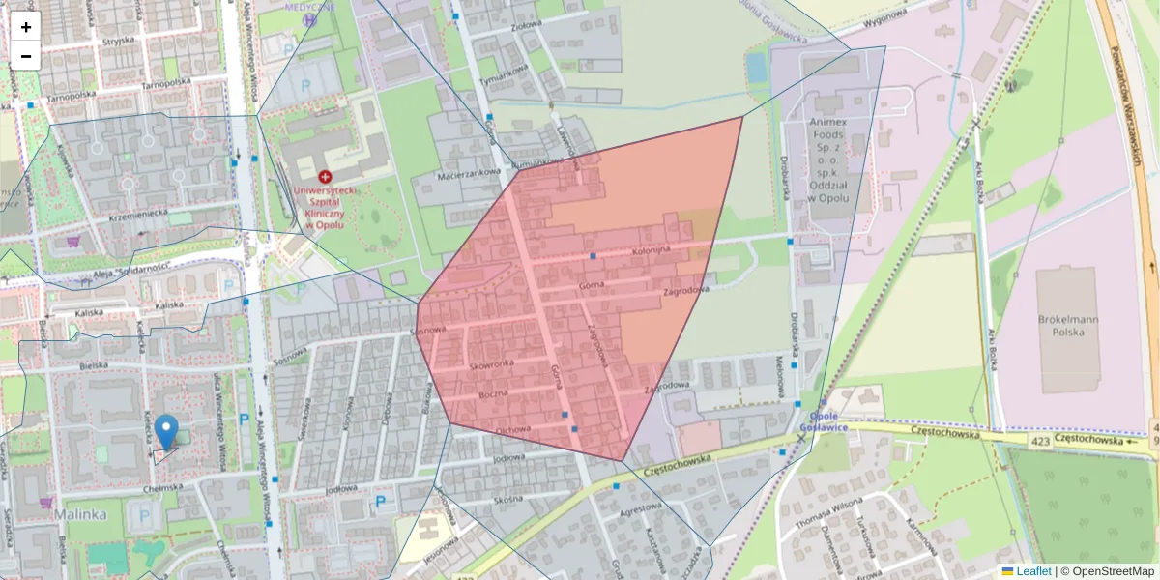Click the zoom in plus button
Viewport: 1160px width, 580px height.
click(x=26, y=27)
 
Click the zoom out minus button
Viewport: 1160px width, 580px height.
click(x=26, y=56)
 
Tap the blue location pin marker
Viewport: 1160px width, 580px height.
click(x=166, y=431)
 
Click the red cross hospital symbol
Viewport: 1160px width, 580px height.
click(x=325, y=177)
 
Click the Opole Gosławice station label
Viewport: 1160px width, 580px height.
click(x=823, y=422)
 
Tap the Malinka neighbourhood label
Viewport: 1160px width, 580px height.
click(x=80, y=514)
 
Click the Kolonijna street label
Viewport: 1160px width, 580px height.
click(x=651, y=251)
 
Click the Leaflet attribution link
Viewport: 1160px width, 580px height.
click(x=1033, y=571)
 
